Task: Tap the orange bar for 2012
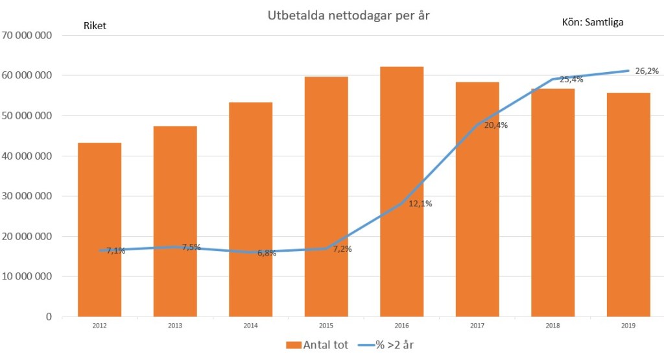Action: (99, 230)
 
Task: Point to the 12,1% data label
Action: (420, 204)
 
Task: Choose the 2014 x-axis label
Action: (250, 326)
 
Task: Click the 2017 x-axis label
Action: (477, 326)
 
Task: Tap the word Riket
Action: (95, 26)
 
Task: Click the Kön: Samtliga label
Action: (592, 23)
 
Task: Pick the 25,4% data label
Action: (571, 80)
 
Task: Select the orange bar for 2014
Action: (250, 210)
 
